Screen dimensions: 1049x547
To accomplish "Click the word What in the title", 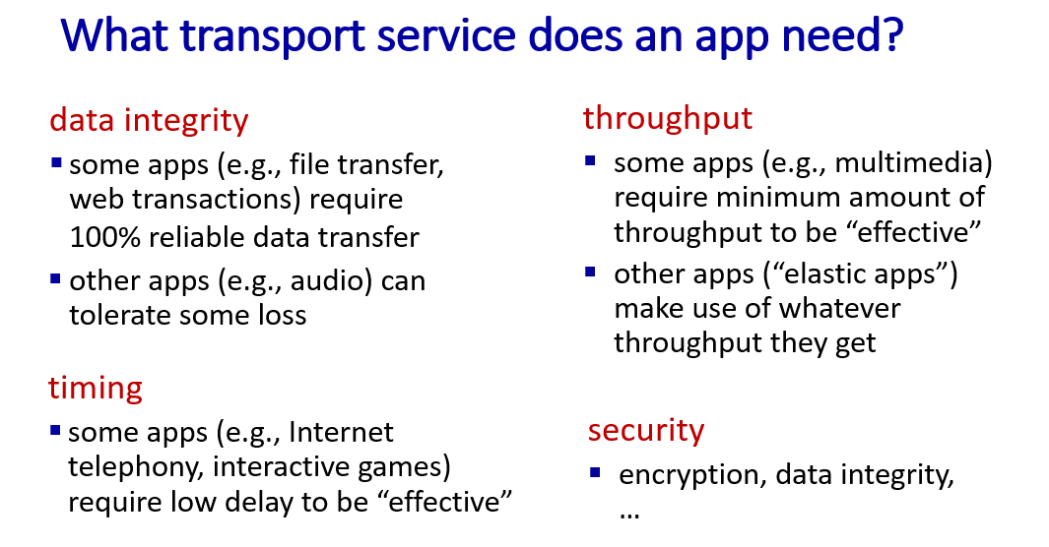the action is pos(114,34).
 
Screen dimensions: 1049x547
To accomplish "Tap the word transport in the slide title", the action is pos(272,37).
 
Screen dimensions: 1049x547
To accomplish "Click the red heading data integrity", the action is pos(149,121).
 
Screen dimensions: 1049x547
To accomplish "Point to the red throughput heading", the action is pos(668,119).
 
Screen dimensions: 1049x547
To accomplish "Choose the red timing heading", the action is pos(95,389).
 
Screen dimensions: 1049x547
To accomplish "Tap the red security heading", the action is pos(646,430).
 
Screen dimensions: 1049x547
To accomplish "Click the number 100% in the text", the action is pos(105,238).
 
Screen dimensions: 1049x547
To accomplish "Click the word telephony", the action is pos(135,467).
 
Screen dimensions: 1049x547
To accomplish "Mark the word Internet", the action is pos(341,433).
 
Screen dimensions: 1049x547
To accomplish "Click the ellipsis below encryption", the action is pos(629,515).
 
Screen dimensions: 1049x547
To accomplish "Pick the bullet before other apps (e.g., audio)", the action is pos(55,278).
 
